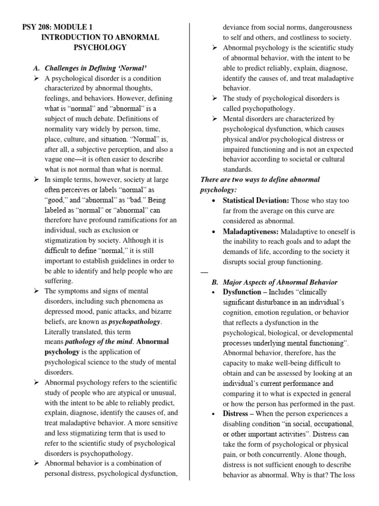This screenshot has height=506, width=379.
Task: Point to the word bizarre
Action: [x=154, y=311]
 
